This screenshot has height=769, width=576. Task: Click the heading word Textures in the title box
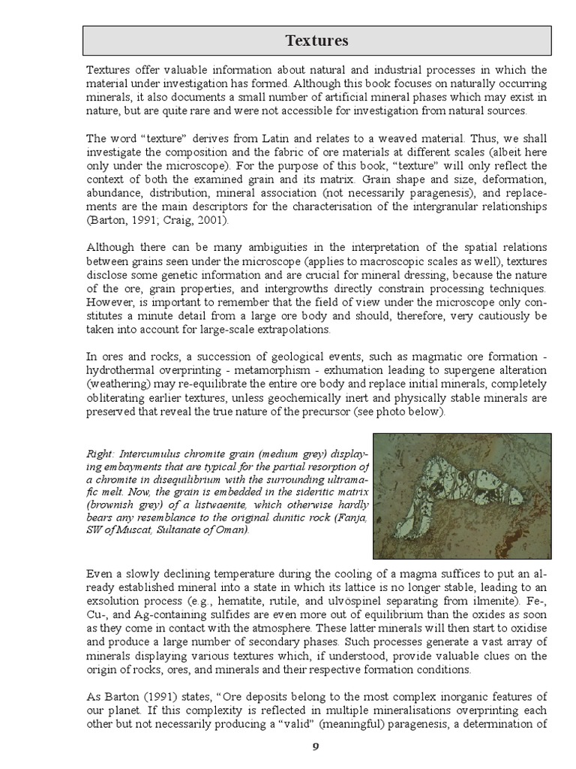pos(317,40)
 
